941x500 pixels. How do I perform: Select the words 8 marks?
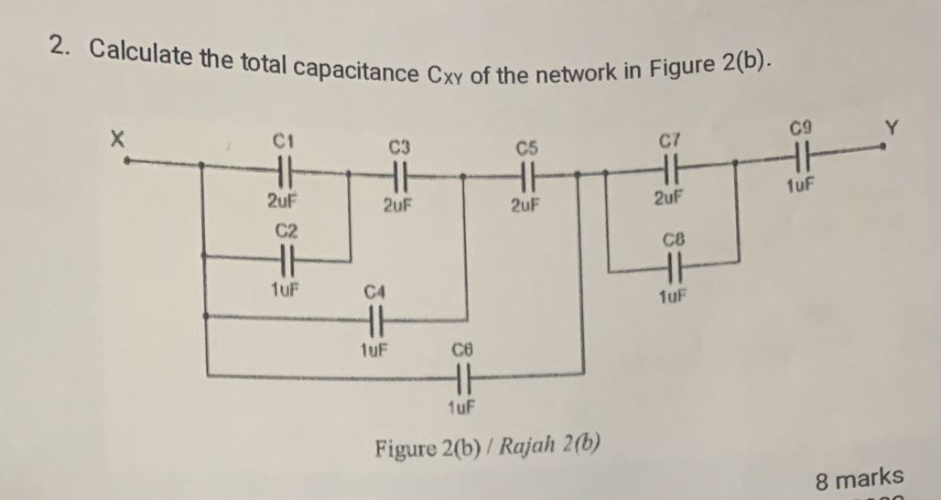tap(859, 478)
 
